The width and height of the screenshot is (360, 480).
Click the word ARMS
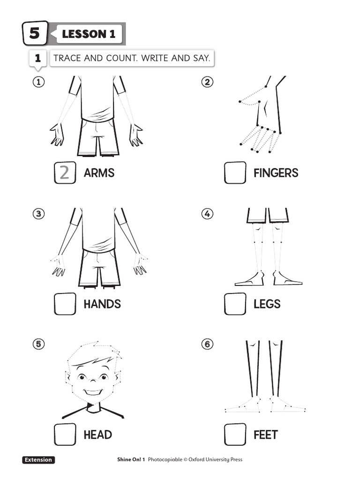coord(99,173)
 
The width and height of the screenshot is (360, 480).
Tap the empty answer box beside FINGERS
coord(235,172)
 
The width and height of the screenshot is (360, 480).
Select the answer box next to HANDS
coord(65,304)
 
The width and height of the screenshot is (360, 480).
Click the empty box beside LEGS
coord(235,304)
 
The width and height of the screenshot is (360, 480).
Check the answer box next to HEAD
coord(65,435)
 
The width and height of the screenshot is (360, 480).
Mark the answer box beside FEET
coord(235,435)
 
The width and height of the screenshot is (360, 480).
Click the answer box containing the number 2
coord(65,173)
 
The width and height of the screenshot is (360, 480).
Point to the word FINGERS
coord(276,173)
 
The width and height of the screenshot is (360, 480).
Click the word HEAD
coord(97,435)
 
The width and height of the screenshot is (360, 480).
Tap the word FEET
coord(265,435)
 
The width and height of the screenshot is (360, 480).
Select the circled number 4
coord(207,214)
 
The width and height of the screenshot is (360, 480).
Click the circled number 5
coord(38,345)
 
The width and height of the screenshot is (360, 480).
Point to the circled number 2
coord(207,82)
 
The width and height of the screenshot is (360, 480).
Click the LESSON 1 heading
coord(89,34)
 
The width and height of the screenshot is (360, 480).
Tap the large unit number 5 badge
coord(35,33)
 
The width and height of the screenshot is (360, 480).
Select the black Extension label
coord(38,460)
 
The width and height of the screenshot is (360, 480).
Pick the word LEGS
coord(267,304)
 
